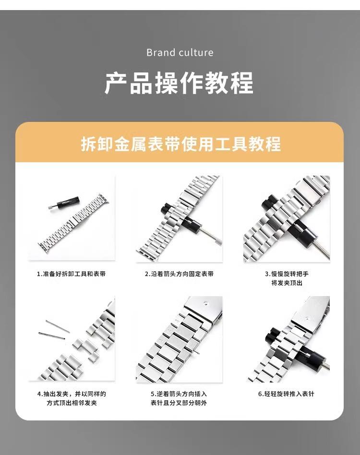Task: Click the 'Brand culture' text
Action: pos(180,52)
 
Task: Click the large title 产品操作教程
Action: pos(179,83)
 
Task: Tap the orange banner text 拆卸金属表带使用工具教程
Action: pos(181,144)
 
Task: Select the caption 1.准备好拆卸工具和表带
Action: pos(72,274)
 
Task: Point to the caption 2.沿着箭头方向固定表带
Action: pos(179,274)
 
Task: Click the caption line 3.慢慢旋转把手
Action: pos(287,274)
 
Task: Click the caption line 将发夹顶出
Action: pos(287,283)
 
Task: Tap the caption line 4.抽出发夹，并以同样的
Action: pos(72,394)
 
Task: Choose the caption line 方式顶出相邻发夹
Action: pos(72,403)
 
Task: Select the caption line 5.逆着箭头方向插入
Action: pos(179,394)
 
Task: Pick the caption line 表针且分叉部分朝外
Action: pos(179,403)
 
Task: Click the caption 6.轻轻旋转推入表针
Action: pos(286,394)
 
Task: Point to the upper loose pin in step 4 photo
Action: pos(58,326)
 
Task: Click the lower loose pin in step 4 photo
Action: pos(52,335)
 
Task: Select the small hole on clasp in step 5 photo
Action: pos(205,303)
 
